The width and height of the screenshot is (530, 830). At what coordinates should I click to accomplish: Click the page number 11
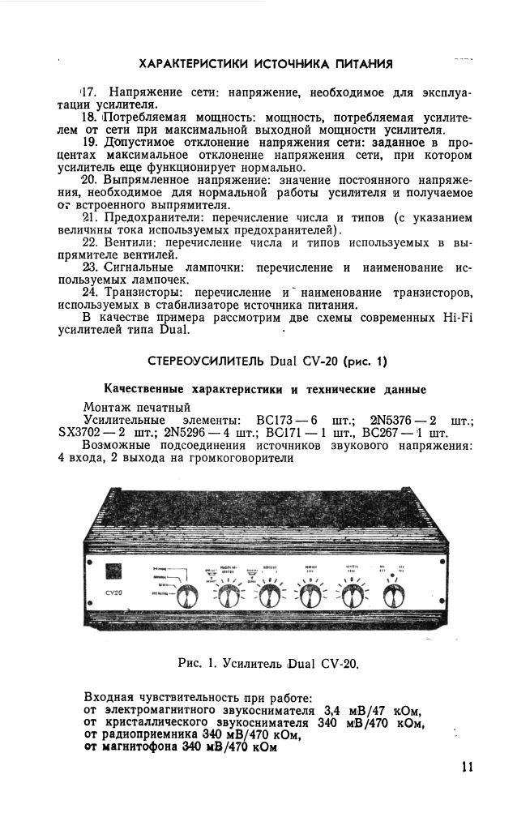tap(466, 767)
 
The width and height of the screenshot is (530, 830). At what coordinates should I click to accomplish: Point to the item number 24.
tap(91, 291)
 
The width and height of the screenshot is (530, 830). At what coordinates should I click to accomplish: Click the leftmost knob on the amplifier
tap(190, 598)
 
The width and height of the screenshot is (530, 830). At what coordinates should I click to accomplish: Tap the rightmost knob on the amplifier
tap(395, 597)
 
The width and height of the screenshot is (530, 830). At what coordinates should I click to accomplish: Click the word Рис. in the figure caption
tap(189, 664)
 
